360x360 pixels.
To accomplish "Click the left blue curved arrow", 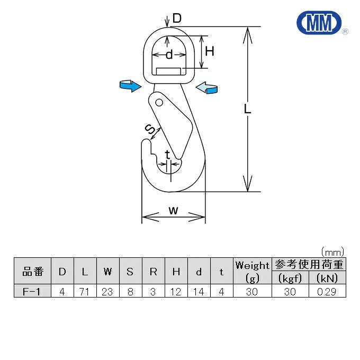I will (129, 85).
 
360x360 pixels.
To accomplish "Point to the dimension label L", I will (247, 109).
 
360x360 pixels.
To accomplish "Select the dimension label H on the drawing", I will (210, 51).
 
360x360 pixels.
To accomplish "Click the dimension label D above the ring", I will (177, 19).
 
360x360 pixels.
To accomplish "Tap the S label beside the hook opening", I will (150, 129).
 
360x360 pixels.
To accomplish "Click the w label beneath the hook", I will (173, 210).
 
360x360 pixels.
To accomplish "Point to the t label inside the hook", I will (167, 155).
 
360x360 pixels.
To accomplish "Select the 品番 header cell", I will (32, 272).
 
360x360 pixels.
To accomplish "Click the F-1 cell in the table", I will (32, 291).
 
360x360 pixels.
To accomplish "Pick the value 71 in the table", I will (85, 291).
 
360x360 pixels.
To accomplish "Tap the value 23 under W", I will (107, 291).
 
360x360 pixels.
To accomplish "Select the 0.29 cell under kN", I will (327, 291).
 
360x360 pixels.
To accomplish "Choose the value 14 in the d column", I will (199, 291).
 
